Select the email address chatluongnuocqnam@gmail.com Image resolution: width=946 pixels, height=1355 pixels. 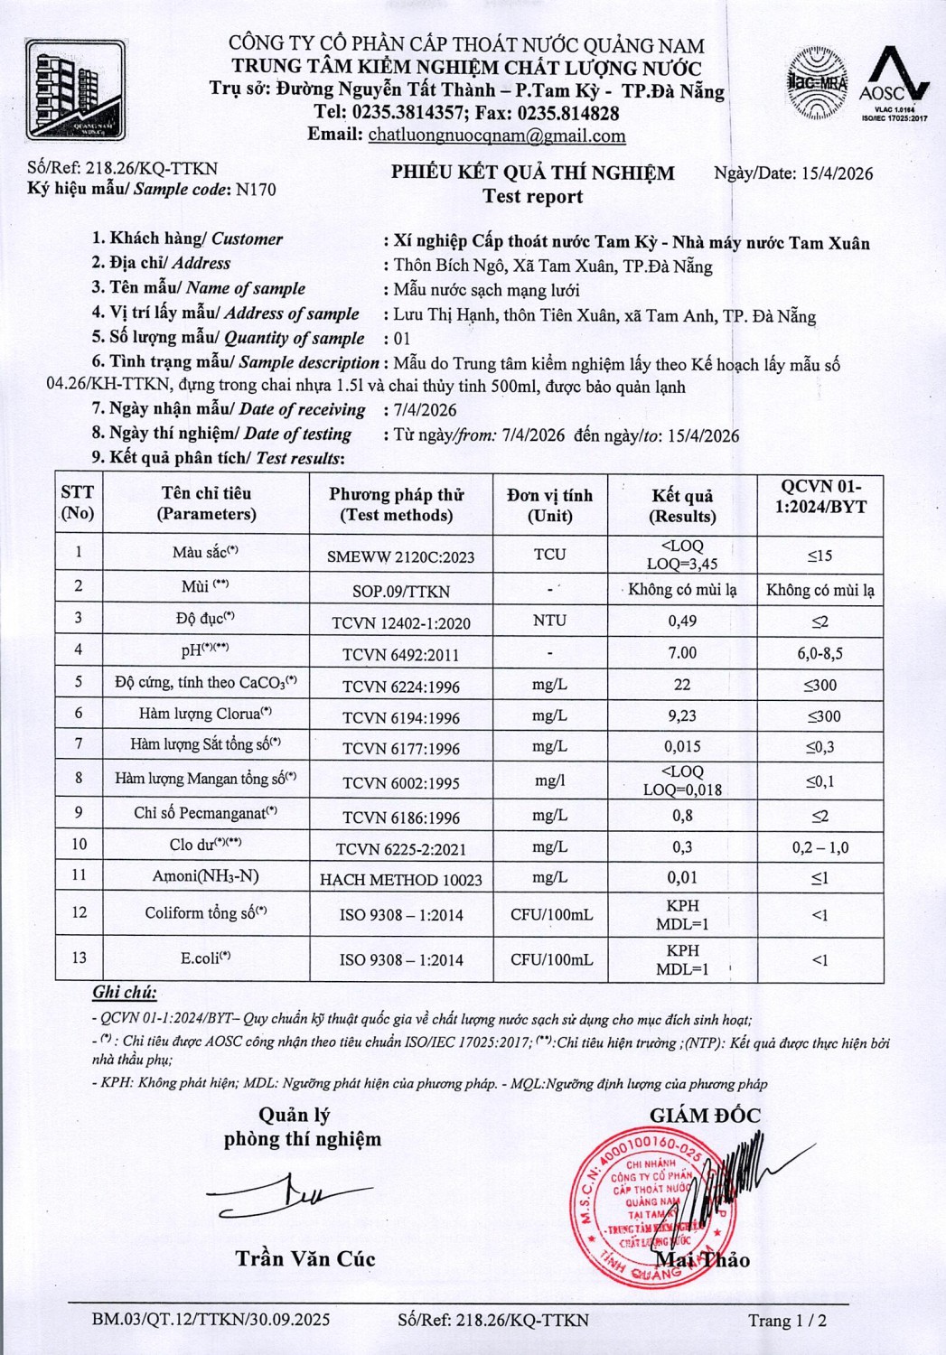[x=497, y=136]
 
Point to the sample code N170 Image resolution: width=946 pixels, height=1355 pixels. [x=256, y=190]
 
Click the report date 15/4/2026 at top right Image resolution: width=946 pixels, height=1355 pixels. [x=837, y=173]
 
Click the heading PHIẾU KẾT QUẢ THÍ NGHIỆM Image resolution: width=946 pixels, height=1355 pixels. [x=532, y=173]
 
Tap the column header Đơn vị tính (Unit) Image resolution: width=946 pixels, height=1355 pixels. [x=549, y=505]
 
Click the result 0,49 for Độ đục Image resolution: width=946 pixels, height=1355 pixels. [x=681, y=621]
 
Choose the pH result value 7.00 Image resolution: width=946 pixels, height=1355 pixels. [x=682, y=653]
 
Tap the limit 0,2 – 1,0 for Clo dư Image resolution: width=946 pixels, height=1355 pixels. [x=820, y=847]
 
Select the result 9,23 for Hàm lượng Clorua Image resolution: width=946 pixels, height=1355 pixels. [x=681, y=715]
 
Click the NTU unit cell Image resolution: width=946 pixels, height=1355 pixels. [x=549, y=621]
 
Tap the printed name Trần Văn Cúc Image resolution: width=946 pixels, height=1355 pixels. [x=305, y=1258]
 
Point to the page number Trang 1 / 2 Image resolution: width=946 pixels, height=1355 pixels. [x=787, y=1321]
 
